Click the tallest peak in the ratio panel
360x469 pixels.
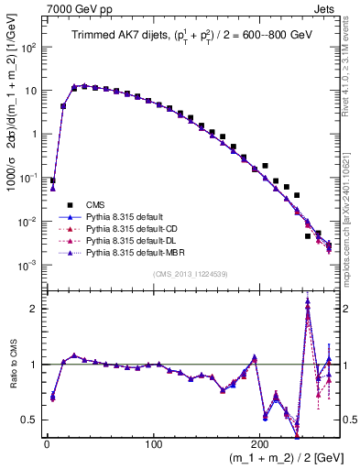[308, 300]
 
